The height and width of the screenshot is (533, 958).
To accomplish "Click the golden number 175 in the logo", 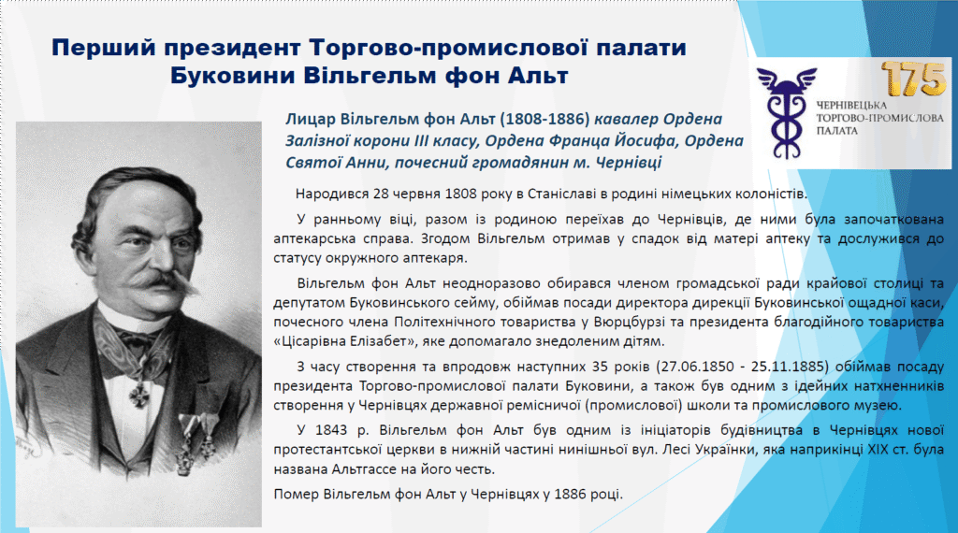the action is (x=913, y=79).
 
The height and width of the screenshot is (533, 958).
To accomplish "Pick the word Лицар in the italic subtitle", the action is (x=309, y=119).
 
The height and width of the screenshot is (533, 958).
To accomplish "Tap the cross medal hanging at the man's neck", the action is (x=140, y=396).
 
